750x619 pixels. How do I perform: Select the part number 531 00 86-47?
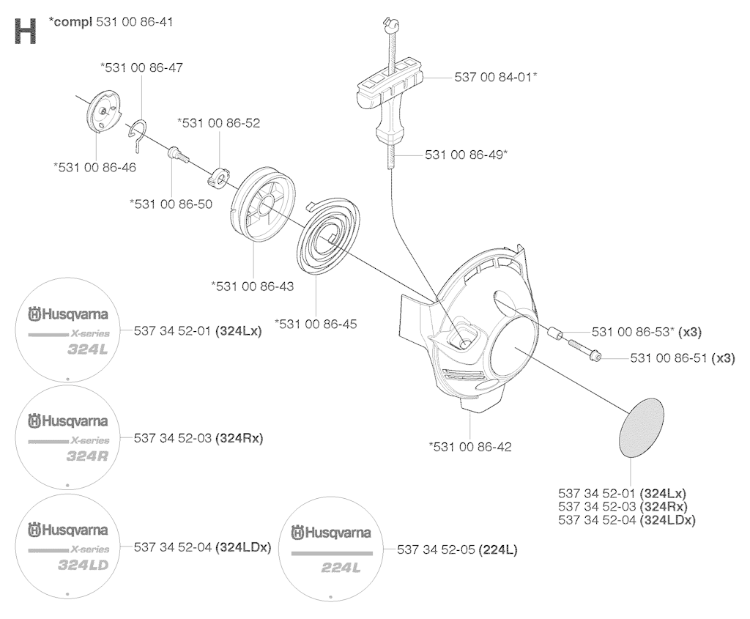pyautogui.click(x=141, y=67)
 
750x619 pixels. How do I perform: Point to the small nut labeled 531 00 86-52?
pyautogui.click(x=218, y=175)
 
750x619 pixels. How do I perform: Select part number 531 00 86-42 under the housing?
pyautogui.click(x=470, y=446)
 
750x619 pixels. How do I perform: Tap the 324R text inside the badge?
pyautogui.click(x=87, y=456)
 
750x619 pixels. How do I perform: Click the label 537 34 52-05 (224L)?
pyautogui.click(x=457, y=549)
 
